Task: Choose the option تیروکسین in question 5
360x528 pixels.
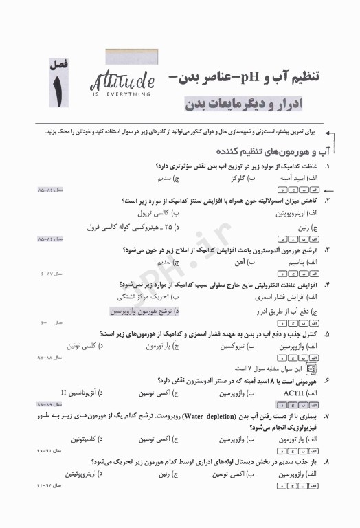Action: (229, 347)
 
